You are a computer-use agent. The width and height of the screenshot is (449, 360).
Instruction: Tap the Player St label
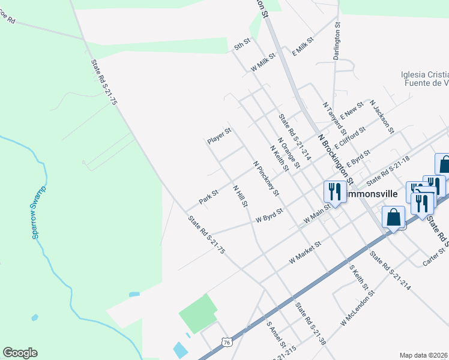219,136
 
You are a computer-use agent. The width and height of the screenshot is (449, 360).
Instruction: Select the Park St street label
208,197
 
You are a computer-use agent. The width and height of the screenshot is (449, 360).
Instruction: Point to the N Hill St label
240,196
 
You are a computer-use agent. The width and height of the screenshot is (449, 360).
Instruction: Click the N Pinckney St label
266,178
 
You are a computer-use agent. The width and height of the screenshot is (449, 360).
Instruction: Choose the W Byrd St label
269,216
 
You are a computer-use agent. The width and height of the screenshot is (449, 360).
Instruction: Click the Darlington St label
337,41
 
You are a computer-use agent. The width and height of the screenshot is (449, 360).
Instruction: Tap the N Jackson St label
382,116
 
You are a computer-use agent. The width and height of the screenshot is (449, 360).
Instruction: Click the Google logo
20,353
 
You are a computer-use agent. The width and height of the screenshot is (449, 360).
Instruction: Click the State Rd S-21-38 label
310,323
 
